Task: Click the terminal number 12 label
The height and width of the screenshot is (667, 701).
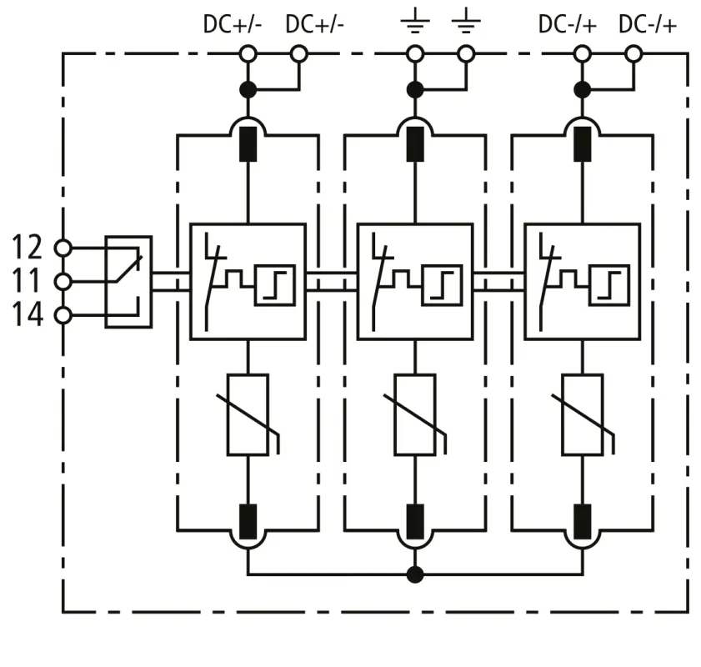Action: point(27,247)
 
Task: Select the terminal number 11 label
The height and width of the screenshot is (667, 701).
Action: point(27,281)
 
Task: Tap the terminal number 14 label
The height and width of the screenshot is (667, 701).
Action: point(27,315)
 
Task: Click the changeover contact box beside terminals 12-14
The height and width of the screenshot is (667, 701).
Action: point(128,281)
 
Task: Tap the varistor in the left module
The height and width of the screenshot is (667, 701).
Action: point(248,414)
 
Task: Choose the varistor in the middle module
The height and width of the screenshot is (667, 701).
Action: point(415,414)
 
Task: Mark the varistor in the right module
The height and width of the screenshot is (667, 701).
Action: point(582,414)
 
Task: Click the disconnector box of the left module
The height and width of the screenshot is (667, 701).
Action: point(248,281)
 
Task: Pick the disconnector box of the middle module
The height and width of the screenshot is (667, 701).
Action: point(414,281)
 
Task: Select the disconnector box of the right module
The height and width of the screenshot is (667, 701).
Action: point(581,281)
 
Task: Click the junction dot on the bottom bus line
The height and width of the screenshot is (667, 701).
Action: point(415,574)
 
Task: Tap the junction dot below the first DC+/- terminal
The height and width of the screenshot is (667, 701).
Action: point(248,88)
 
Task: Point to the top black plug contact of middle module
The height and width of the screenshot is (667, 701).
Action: point(415,143)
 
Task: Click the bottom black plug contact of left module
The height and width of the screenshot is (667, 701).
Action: point(248,520)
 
